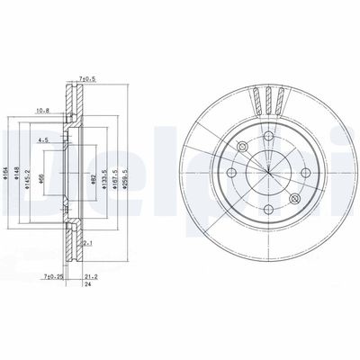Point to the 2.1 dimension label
coord(87,242)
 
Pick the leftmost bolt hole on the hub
coord(230,172)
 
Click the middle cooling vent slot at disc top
coord(267,94)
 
